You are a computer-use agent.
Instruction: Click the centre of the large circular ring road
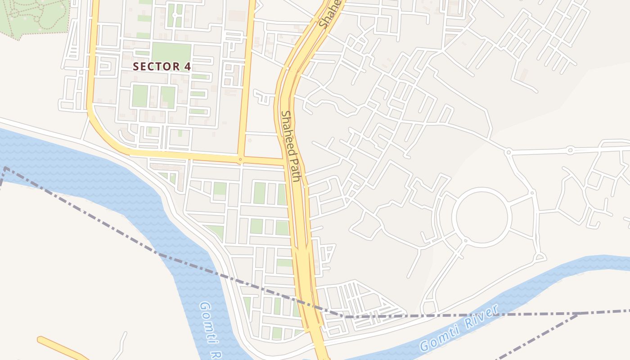(481, 217)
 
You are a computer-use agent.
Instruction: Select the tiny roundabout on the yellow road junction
(241, 159)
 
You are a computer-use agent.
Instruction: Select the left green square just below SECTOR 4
(140, 95)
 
